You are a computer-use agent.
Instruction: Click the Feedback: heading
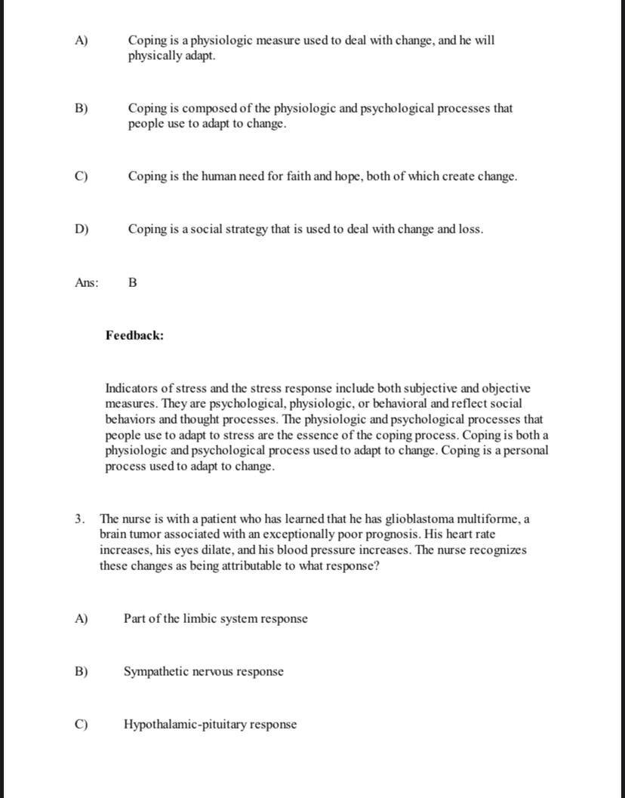(x=134, y=335)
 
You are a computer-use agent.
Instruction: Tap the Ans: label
(x=87, y=282)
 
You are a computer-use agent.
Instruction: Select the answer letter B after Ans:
(x=133, y=282)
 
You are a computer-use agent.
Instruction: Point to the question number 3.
(x=79, y=519)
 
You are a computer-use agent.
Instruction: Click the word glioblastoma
(x=419, y=519)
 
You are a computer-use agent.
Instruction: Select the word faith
(x=296, y=176)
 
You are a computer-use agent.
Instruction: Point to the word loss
(x=469, y=229)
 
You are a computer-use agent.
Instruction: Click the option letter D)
(x=82, y=229)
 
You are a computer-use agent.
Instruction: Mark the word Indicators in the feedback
(x=134, y=388)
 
